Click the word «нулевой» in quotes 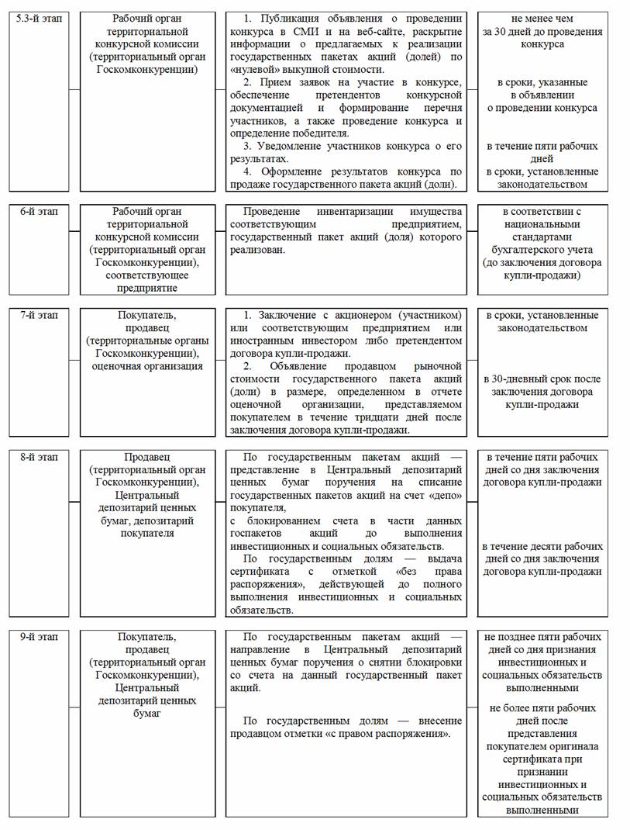coord(256,68)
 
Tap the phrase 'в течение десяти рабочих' coord(542,546)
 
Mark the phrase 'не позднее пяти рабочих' coord(542,637)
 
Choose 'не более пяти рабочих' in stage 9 coord(542,708)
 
